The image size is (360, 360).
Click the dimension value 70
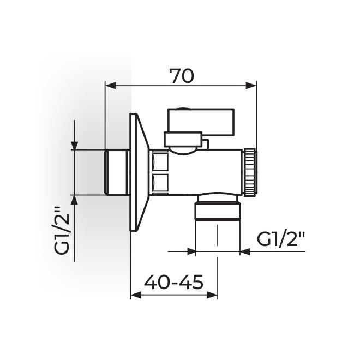click(181, 76)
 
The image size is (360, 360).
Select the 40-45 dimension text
click(173, 282)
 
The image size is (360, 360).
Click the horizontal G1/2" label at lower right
click(281, 240)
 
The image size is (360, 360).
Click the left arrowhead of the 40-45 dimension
click(135, 295)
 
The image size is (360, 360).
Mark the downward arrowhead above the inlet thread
click(75, 145)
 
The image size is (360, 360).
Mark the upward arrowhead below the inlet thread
click(75, 199)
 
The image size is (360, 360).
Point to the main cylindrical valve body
click(207, 172)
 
